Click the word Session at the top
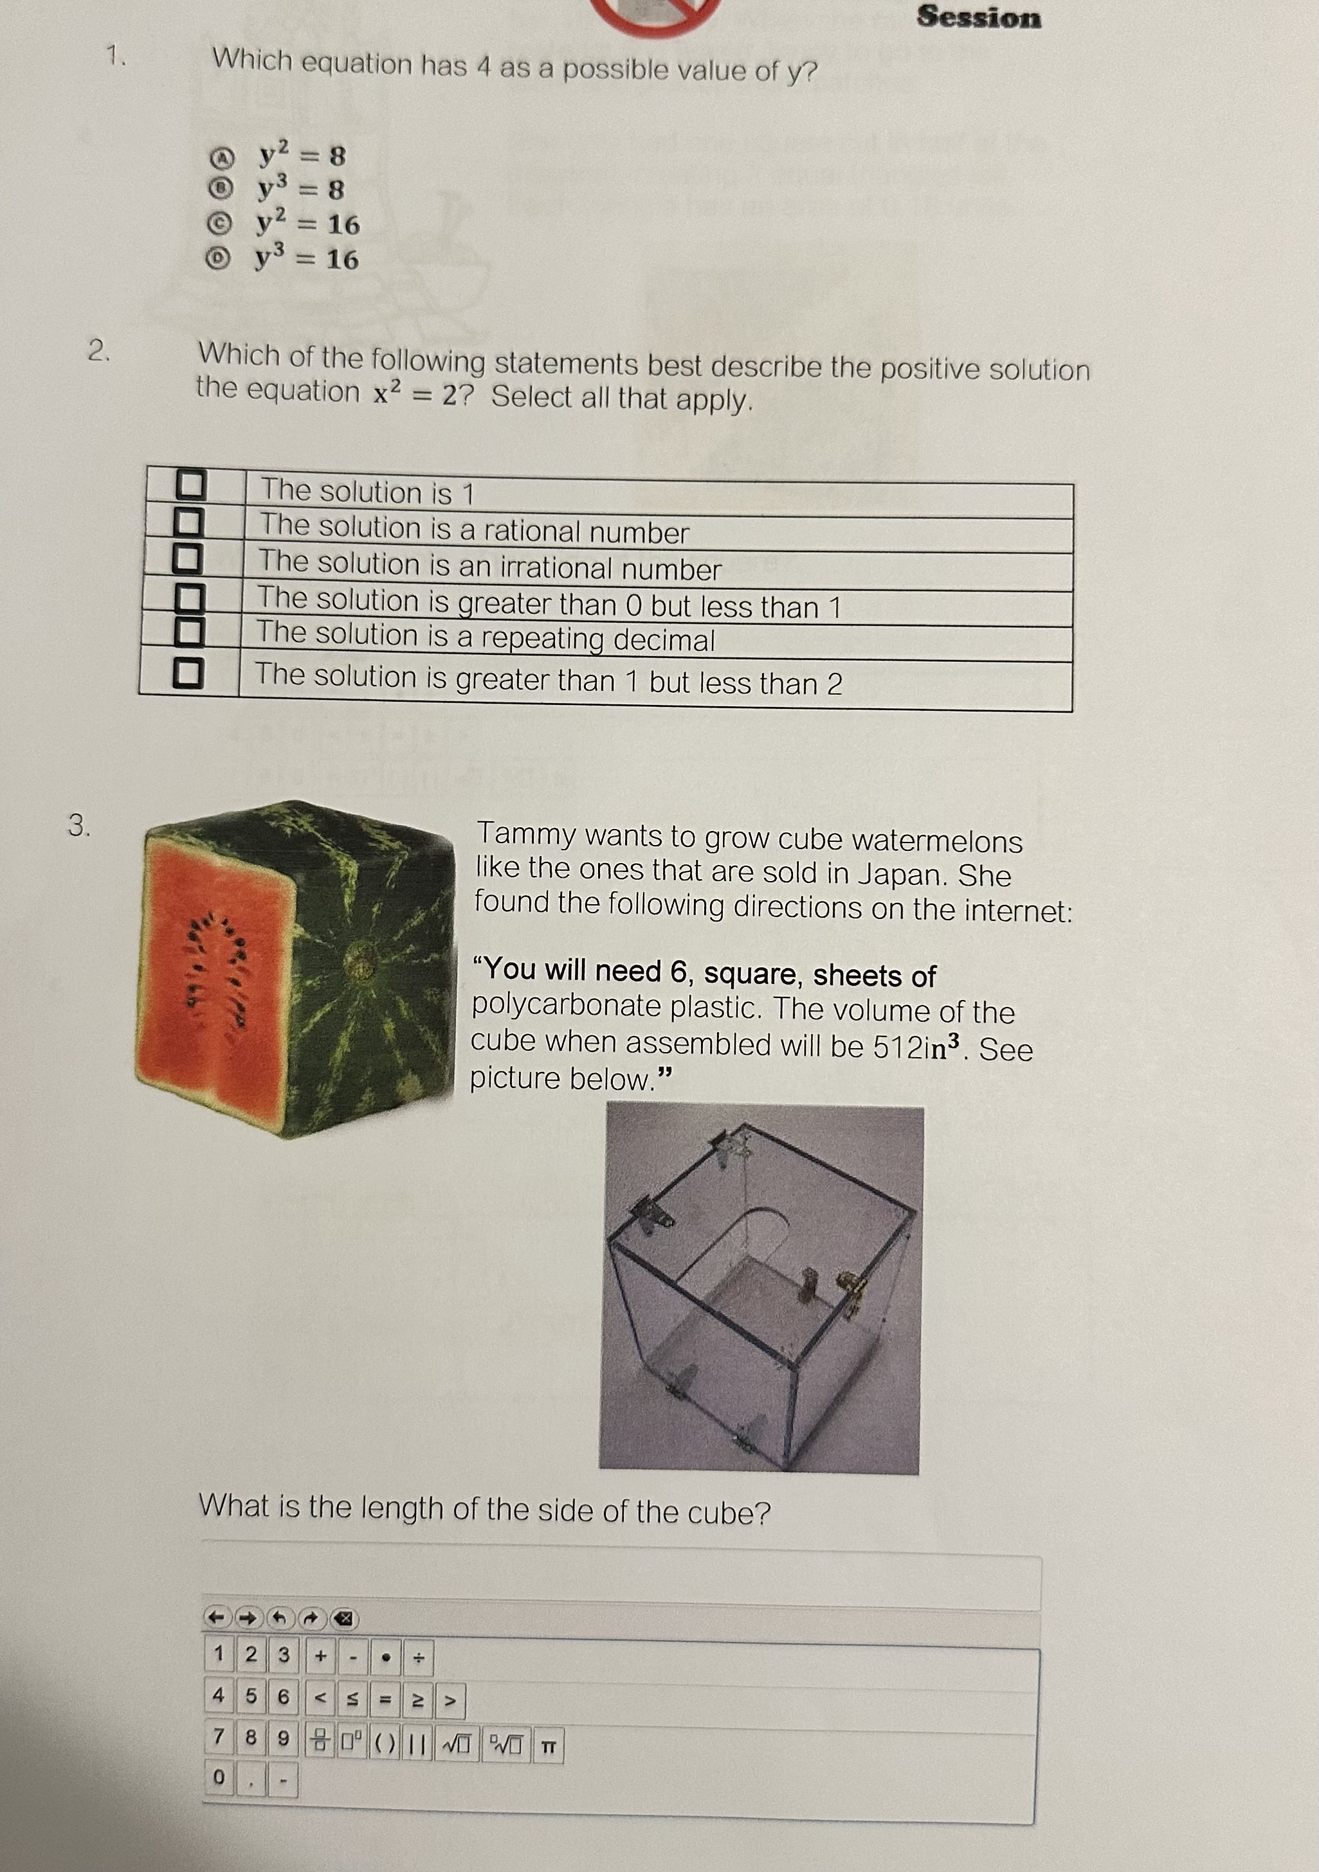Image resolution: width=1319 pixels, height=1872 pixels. coord(979,17)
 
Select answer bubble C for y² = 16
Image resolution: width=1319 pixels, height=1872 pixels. coord(219,222)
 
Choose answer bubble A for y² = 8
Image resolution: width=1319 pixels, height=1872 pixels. coord(221,155)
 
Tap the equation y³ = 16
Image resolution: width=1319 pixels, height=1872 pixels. coord(307,259)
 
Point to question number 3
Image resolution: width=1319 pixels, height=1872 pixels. coord(78,826)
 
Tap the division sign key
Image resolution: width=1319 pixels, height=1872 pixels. coord(417,1657)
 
